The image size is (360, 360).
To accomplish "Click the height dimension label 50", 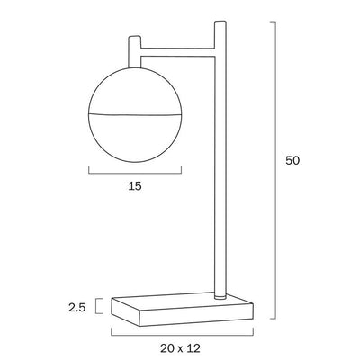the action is [292, 161].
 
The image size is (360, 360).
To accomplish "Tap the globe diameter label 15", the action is [135, 186].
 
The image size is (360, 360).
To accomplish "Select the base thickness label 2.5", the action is [77, 308].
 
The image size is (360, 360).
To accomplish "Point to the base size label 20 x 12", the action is [180, 348].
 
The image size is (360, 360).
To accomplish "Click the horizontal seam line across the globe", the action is [135, 114].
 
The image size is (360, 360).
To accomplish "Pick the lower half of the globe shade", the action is [135, 139].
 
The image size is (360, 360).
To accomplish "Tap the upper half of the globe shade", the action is [135, 91].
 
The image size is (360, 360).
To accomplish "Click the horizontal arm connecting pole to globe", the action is [177, 51].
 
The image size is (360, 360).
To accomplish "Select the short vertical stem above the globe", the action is [134, 52].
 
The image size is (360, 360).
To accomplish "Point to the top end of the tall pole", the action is [220, 22].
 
